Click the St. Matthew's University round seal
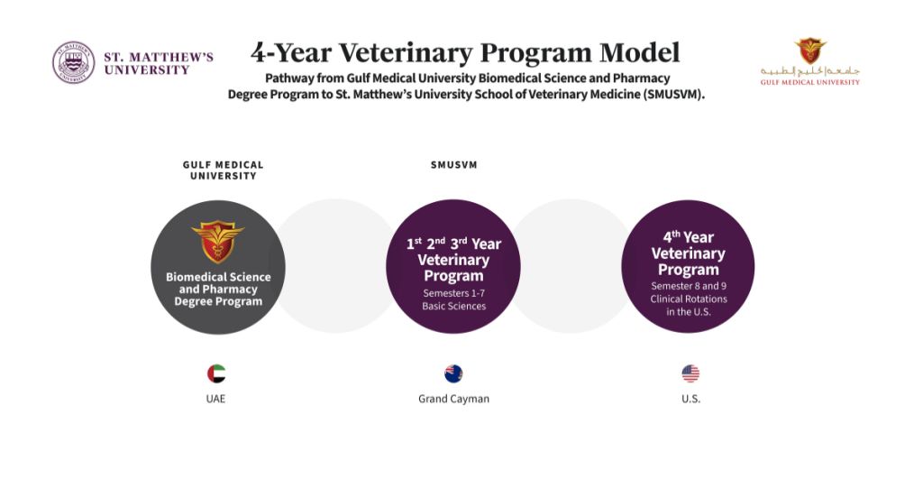(74, 62)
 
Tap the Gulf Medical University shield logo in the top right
(810, 51)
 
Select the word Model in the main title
(640, 52)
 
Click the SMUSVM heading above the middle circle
(454, 165)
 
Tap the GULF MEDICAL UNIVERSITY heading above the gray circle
(224, 170)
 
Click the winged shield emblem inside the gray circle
(218, 241)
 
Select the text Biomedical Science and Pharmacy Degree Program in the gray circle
(218, 289)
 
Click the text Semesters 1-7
(454, 293)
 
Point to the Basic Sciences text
(454, 306)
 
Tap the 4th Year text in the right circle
(688, 237)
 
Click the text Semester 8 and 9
(689, 286)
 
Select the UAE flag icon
(216, 373)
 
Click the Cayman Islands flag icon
(453, 373)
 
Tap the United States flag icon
(690, 373)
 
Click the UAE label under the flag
(215, 399)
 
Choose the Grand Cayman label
(454, 399)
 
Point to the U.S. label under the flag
(691, 399)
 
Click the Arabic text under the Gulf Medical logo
(810, 71)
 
